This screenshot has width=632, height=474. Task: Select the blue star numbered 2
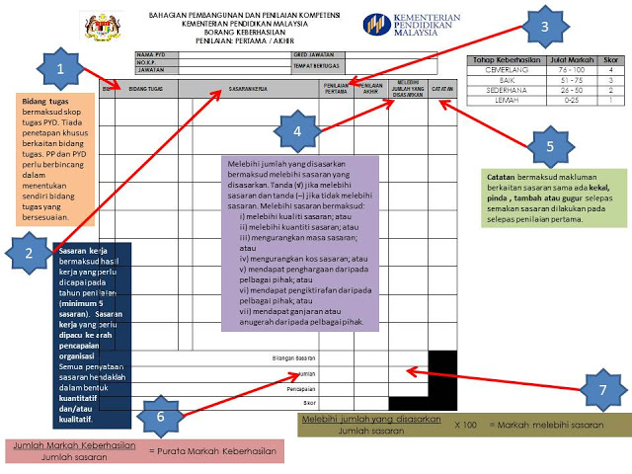29,253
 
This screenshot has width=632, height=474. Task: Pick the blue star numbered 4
297,129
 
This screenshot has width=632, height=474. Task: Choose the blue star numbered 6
163,415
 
